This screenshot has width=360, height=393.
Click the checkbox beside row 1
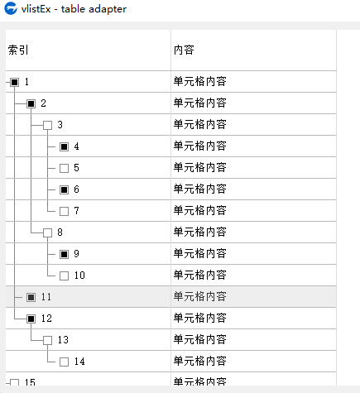point(14,82)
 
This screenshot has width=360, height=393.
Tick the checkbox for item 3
point(47,125)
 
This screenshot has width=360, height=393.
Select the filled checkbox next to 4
point(64,146)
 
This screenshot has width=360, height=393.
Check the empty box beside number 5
point(64,168)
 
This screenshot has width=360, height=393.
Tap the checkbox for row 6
point(64,189)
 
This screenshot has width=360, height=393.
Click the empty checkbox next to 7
point(64,211)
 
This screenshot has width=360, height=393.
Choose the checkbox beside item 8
point(47,232)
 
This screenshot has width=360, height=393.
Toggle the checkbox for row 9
point(64,254)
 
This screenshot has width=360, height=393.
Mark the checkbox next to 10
point(64,276)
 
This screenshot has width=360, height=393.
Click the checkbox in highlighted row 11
point(31,297)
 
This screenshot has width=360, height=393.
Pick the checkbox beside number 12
point(31,319)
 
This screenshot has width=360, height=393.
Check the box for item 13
point(47,340)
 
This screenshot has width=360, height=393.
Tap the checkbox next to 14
point(64,362)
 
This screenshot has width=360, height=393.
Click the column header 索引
point(18,50)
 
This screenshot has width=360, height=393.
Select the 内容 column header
point(184,50)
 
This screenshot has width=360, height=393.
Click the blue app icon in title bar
point(11,8)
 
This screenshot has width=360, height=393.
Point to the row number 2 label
point(43,103)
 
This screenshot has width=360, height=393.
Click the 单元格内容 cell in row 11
point(200,297)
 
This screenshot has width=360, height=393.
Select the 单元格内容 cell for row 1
point(200,82)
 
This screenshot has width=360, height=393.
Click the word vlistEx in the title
point(36,9)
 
